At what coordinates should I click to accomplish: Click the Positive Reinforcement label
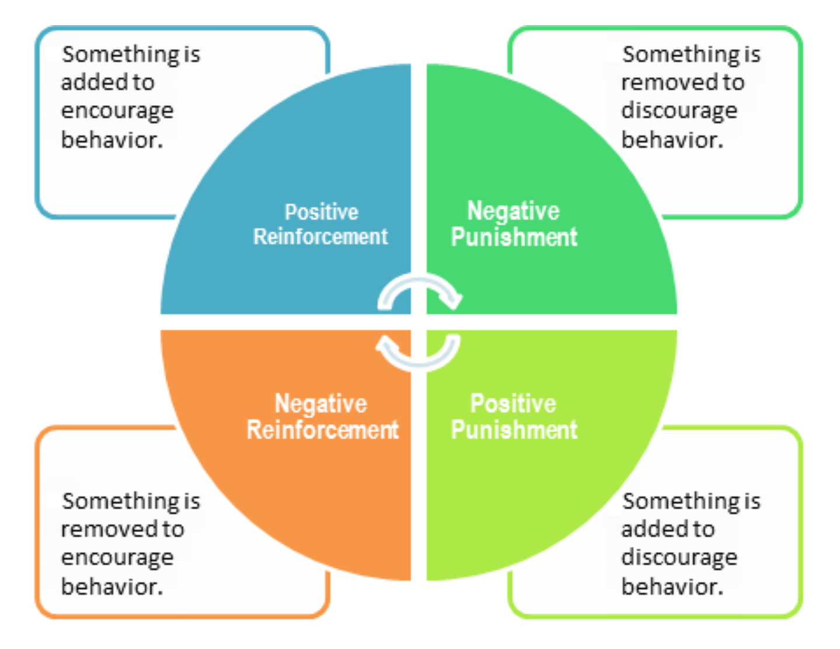pos(320,224)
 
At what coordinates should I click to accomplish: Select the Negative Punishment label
pos(514,224)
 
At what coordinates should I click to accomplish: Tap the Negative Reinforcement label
pos(322,416)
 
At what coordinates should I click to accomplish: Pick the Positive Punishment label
pos(514,416)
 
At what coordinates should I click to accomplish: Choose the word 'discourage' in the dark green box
pos(679,112)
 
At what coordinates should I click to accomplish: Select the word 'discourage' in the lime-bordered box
pos(679,558)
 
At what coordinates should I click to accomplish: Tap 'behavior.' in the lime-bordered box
pos(672,586)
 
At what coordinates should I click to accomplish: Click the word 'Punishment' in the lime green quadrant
pos(514,429)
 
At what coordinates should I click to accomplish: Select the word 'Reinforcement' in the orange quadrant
pos(322,429)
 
